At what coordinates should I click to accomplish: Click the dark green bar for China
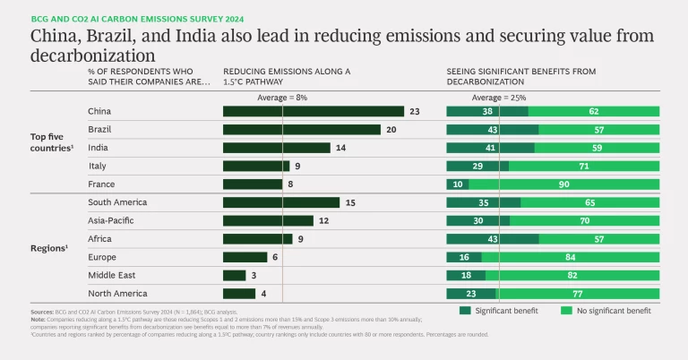pos(314,112)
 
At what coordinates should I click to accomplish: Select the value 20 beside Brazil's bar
pos(391,130)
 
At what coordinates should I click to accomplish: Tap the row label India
pos(99,148)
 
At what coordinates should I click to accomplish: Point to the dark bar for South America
pos(281,202)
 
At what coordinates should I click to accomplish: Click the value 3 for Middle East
pos(254,275)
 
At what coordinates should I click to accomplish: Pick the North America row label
pos(117,293)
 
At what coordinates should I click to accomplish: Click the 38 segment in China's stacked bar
pos(462,112)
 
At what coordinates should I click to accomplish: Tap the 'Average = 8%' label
pos(282,97)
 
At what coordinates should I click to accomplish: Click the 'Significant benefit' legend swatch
pos(465,311)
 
